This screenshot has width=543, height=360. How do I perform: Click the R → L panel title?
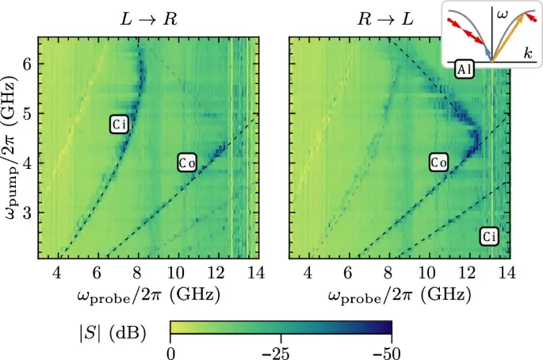(385, 18)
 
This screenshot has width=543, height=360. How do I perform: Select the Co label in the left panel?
(186, 163)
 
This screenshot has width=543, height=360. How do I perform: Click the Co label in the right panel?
(439, 163)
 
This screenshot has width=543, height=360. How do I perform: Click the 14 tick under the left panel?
(254, 274)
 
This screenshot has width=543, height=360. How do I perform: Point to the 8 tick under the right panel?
(389, 274)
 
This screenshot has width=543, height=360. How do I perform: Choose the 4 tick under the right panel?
(310, 274)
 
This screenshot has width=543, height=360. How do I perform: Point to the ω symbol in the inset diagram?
(500, 13)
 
